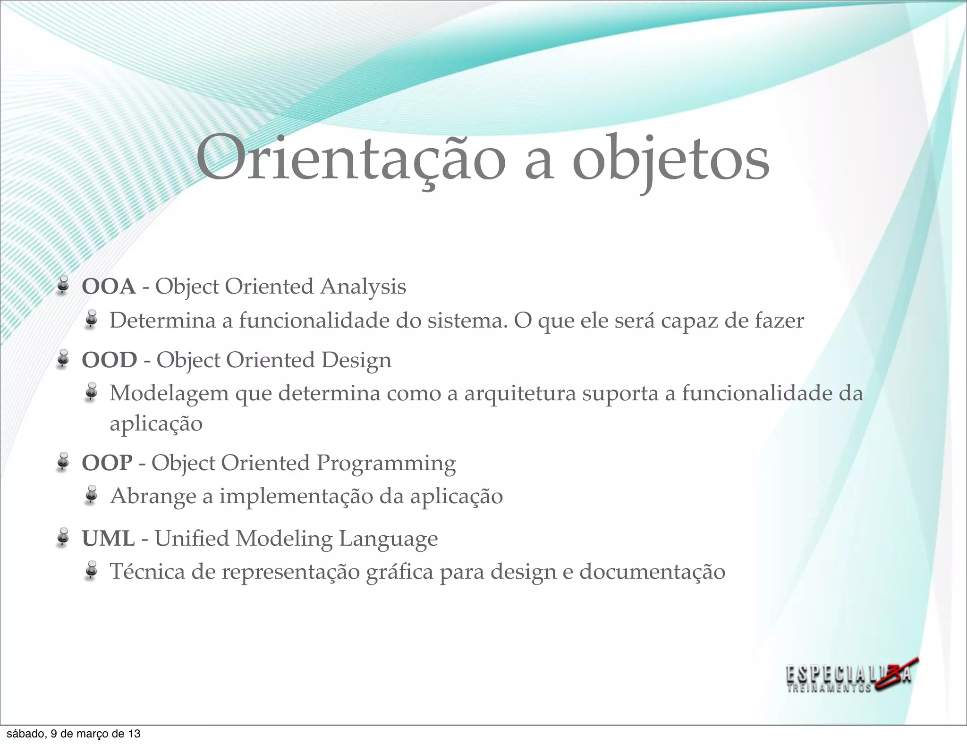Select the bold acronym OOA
109,287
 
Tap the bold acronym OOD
110,360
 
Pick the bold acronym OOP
107,463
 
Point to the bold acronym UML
108,539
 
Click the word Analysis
363,287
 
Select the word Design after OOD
356,360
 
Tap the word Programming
386,463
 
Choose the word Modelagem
169,394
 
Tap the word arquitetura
520,394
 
